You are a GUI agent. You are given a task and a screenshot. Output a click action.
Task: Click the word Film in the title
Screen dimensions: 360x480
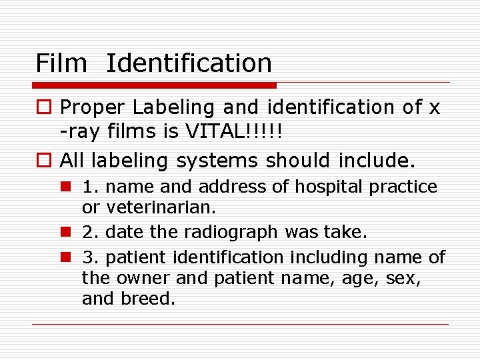(x=61, y=63)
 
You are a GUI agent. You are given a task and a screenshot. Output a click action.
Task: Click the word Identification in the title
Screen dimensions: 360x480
(x=189, y=63)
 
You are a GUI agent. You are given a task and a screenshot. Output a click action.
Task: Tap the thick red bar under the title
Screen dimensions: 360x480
(x=154, y=85)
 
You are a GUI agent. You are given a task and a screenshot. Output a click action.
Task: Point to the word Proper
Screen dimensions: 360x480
(x=93, y=107)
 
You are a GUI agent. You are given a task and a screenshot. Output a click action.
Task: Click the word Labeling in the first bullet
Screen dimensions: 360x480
(x=173, y=107)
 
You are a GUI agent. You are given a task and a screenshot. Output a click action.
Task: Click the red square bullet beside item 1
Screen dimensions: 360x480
(x=67, y=187)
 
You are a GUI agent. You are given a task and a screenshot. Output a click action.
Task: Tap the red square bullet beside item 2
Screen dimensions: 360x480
(x=67, y=232)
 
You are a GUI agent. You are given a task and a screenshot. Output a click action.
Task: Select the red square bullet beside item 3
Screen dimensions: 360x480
(x=67, y=257)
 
